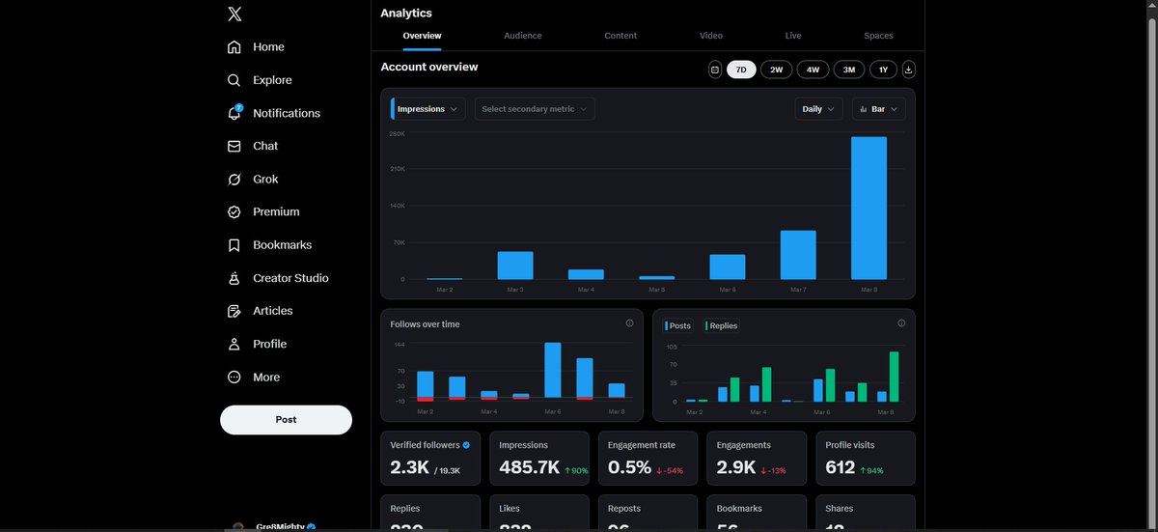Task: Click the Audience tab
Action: [x=522, y=36]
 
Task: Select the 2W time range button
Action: [x=776, y=70]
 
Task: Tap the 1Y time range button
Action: [x=883, y=70]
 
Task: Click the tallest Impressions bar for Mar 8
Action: [x=868, y=208]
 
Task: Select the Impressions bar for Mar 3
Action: [x=515, y=266]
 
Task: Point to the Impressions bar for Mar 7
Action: [x=798, y=255]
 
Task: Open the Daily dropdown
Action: [x=819, y=109]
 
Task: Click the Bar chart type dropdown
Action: [x=878, y=109]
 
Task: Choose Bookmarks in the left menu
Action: [x=282, y=245]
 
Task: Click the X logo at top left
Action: [x=234, y=14]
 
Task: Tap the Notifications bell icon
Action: [x=234, y=113]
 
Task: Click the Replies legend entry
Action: [x=722, y=325]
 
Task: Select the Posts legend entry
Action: [x=678, y=325]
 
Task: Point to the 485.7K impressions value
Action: [x=529, y=467]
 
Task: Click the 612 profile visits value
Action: [x=841, y=467]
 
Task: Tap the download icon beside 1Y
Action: [x=909, y=70]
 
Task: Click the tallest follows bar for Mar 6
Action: [x=553, y=370]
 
